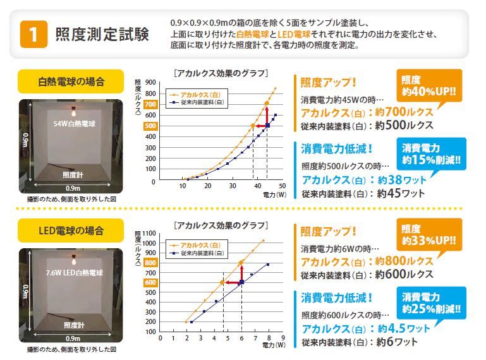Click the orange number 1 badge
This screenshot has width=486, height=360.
(35, 34)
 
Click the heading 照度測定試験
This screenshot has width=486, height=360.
(102, 34)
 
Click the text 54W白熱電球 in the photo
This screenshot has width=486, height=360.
(75, 125)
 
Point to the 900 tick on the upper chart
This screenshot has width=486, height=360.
(150, 82)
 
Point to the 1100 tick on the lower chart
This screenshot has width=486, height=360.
(149, 233)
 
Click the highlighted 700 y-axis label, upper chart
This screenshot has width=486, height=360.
(150, 104)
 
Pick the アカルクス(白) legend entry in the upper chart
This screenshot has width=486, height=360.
(200, 93)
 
